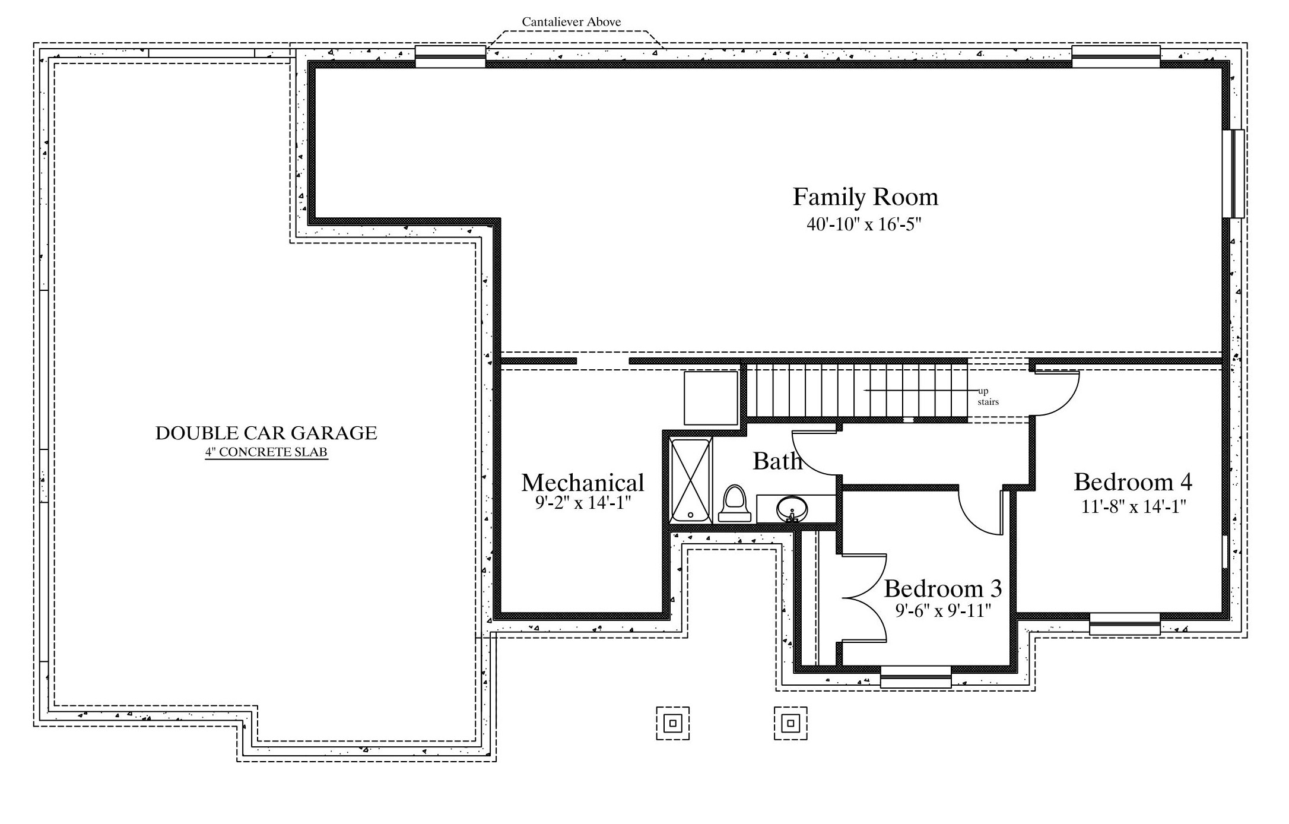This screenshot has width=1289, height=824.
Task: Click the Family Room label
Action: tap(865, 197)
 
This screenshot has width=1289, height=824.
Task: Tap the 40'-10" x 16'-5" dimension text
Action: tap(863, 224)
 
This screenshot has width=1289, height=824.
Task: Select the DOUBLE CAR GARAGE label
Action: tap(266, 433)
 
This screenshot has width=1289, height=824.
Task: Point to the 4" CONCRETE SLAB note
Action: tap(266, 452)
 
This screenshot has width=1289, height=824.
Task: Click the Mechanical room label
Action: tap(583, 483)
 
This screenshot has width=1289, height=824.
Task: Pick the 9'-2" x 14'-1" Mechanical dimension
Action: tap(582, 503)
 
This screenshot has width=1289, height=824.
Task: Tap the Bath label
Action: tap(777, 461)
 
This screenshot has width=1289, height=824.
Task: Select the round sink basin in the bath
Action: tap(792, 509)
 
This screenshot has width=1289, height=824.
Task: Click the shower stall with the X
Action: tap(690, 481)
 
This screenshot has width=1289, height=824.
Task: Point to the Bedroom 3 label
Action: tap(943, 588)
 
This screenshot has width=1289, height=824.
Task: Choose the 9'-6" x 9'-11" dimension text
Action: tap(943, 610)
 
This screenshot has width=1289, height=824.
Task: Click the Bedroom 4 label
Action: tap(1133, 482)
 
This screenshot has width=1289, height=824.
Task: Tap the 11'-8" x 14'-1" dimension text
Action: tap(1133, 506)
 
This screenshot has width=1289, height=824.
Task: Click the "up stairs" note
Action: tap(988, 397)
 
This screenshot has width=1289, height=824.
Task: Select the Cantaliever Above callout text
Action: tap(572, 22)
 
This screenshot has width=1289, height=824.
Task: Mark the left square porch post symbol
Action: tap(672, 723)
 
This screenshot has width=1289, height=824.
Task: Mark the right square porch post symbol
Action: tap(790, 723)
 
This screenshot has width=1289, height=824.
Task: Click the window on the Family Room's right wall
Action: tap(1233, 174)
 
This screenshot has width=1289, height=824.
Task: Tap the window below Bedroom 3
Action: tap(916, 677)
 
